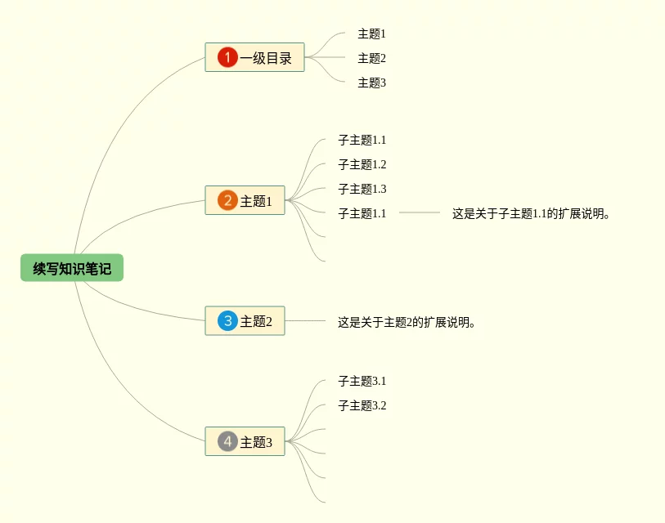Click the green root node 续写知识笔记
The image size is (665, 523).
point(72,268)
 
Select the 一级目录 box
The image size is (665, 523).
point(254,57)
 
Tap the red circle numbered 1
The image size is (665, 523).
point(227,57)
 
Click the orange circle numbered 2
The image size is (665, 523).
point(227,200)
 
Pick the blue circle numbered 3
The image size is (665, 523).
point(227,321)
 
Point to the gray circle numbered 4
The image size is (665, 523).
point(227,442)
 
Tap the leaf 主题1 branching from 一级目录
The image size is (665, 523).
point(371,34)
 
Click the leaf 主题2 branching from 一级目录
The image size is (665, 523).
point(371,58)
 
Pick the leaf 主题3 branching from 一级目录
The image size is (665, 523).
point(371,83)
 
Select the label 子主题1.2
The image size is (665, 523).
point(362,164)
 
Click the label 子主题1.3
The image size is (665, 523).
point(362,189)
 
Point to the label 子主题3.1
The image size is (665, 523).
point(362,381)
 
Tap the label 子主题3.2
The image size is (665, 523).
point(362,405)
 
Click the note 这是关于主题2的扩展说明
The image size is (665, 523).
point(407,322)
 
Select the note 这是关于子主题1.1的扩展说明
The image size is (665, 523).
point(532,213)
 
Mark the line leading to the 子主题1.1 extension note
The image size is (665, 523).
point(420,212)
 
